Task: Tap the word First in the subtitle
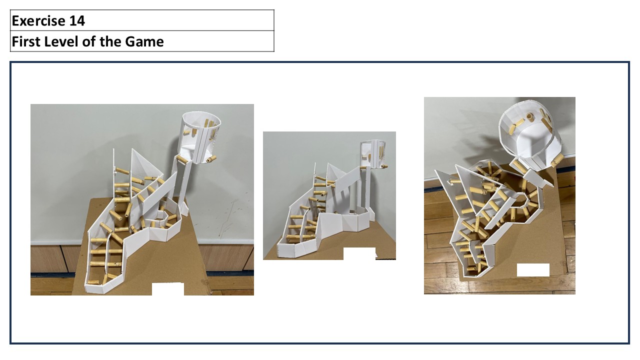25,41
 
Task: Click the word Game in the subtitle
144,41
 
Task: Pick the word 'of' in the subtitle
88,41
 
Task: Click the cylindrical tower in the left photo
201,136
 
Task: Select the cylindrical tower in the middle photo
373,153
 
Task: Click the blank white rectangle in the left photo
167,289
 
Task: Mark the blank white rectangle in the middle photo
359,253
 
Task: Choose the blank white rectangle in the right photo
533,270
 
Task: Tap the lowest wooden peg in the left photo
93,282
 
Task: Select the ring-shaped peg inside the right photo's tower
530,116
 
